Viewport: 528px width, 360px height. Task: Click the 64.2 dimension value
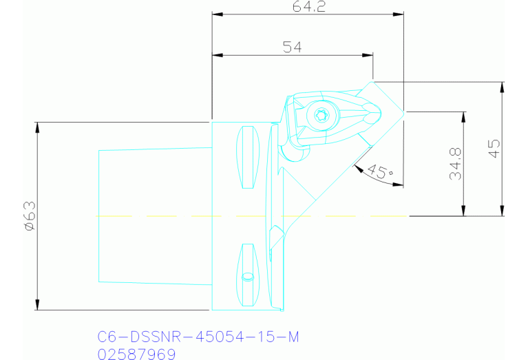pos(306,8)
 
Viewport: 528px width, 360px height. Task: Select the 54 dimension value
pos(293,47)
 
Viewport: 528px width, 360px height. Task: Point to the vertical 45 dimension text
pos(494,148)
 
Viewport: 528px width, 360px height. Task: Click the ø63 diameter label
pos(28,216)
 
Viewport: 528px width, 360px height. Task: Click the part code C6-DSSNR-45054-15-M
pos(198,337)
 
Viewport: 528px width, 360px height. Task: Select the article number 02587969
pos(137,354)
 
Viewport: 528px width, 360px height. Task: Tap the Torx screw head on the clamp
pos(319,116)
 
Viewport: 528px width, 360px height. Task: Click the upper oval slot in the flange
pos(246,158)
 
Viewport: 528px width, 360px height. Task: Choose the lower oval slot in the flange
pos(247,275)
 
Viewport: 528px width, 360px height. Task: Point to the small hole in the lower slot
pos(249,277)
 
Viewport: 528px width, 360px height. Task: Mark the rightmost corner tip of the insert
pos(404,112)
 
